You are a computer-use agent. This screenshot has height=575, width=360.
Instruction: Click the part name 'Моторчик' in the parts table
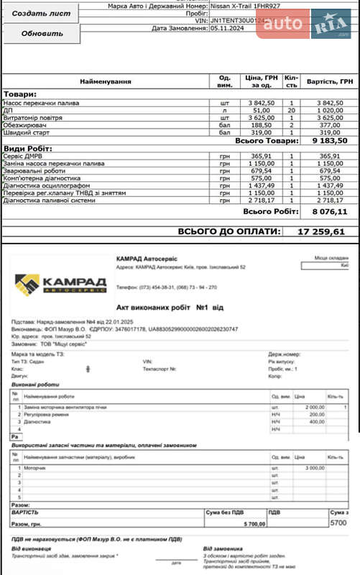pyautogui.click(x=35, y=468)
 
